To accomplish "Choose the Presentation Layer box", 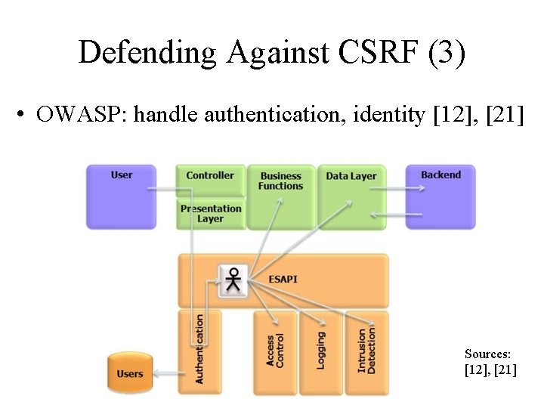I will [x=210, y=214].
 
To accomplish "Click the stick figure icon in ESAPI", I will [x=234, y=280].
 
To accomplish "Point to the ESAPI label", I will [x=283, y=280].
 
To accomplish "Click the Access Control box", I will [x=275, y=351].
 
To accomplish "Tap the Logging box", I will [x=321, y=351].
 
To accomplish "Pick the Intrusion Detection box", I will [x=366, y=351].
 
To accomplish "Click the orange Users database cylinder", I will [x=130, y=373].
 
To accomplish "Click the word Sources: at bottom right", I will [x=488, y=354].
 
